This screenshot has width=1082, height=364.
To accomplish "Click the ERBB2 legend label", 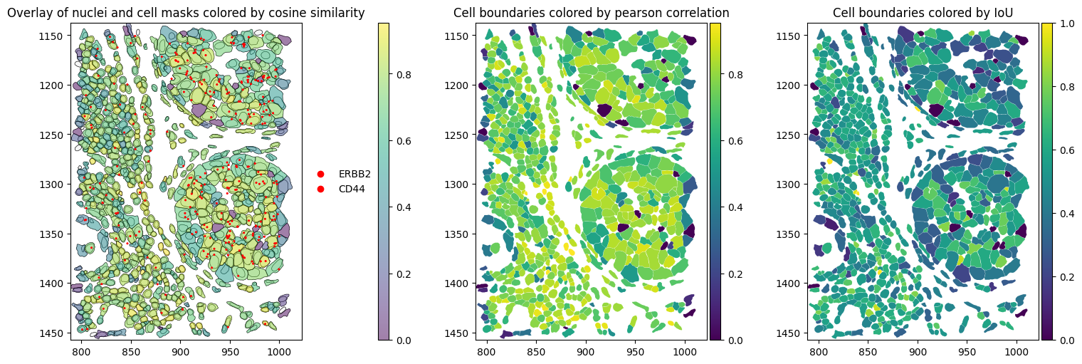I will [x=354, y=174].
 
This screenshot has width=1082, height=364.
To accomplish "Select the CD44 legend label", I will [x=352, y=189].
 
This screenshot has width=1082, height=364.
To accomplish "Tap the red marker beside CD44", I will [x=320, y=189].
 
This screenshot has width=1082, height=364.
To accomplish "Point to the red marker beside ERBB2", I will [x=320, y=174].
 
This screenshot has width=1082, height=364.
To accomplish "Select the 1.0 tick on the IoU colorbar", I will [x=1062, y=24].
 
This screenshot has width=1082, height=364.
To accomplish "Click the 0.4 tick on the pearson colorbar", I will [x=735, y=207].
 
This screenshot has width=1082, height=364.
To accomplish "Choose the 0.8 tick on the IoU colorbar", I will [x=1062, y=87].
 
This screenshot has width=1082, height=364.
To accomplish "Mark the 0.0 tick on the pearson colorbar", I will [x=735, y=340].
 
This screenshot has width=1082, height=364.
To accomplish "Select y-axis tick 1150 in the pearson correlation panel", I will [x=463, y=36].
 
